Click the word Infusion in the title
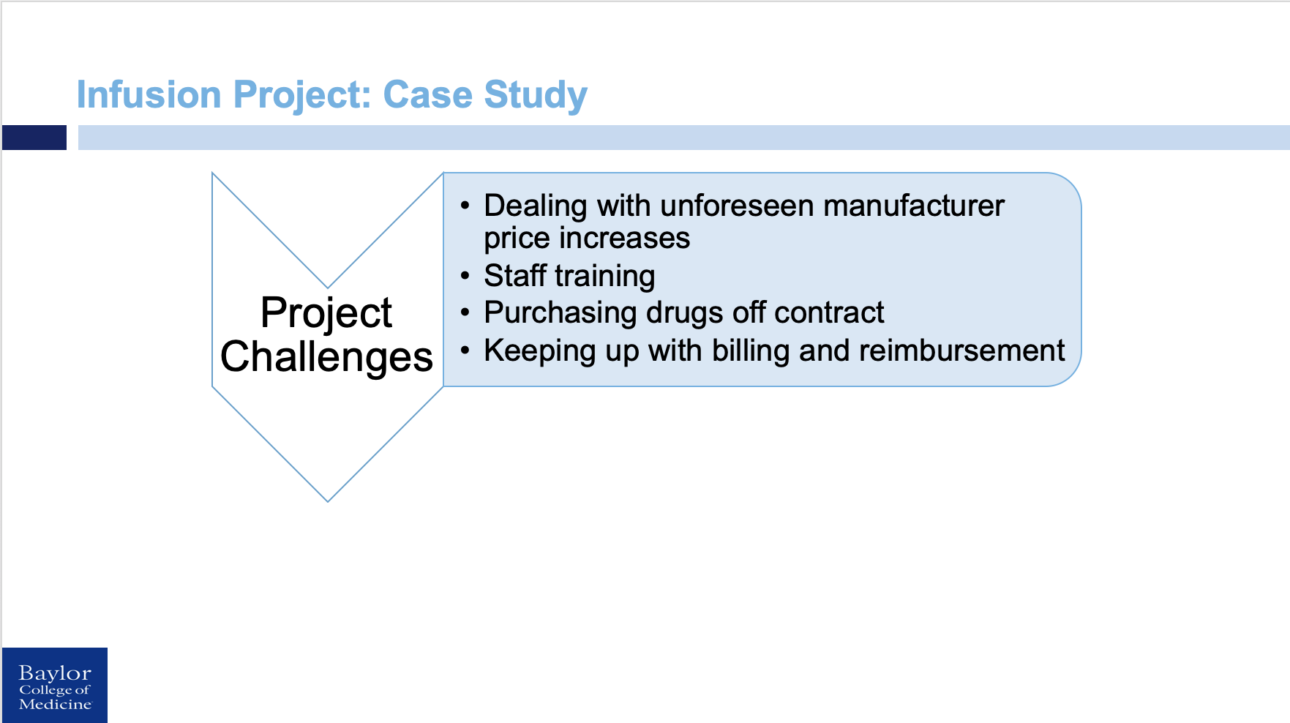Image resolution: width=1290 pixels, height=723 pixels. coord(149,95)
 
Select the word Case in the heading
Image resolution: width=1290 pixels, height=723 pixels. coord(427,95)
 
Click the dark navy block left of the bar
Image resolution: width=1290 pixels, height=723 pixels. coord(34,138)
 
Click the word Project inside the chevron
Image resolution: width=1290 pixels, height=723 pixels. coord(326,312)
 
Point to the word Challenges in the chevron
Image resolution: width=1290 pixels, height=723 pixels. coord(326,357)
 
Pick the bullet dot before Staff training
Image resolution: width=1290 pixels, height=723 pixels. coord(465,276)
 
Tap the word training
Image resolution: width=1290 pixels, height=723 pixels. coord(604,277)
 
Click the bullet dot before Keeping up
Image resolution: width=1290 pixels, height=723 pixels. coord(465,351)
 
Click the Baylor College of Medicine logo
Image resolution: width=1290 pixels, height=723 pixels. coord(55,686)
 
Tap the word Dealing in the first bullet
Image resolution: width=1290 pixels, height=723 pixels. coord(535,206)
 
